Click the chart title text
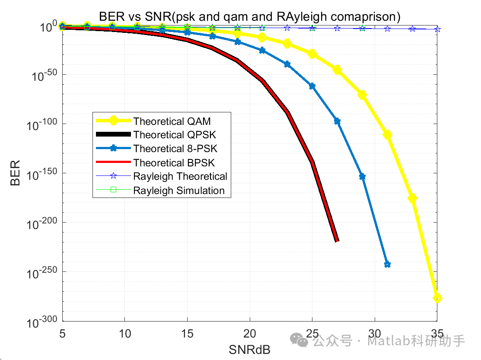click(x=250, y=16)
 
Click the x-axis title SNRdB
click(x=249, y=349)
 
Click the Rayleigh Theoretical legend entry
click(x=180, y=176)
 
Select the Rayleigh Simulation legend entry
click(x=179, y=191)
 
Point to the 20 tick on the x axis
click(x=250, y=333)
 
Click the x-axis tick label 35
click(x=436, y=333)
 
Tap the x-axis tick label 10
click(x=125, y=333)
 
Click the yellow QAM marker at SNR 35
click(x=437, y=298)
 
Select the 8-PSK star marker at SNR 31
click(x=387, y=264)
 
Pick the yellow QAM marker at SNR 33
click(x=412, y=198)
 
